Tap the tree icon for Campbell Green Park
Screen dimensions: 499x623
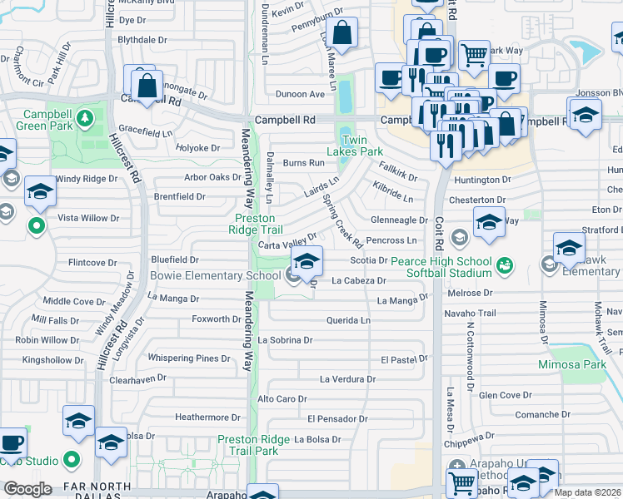coord(84,119)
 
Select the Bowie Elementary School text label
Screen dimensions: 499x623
coord(216,275)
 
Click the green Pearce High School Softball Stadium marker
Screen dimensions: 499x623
coord(503,266)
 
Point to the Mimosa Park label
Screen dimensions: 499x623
coord(571,364)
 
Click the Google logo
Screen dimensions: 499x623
coord(28,488)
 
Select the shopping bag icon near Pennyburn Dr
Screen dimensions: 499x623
coord(341,34)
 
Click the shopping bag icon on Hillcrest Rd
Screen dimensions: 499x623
coord(147,85)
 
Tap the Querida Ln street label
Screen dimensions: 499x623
coord(348,320)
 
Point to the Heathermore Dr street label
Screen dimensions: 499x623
coord(207,417)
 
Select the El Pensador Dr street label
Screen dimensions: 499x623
coord(336,418)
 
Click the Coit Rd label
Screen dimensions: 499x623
coord(439,235)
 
